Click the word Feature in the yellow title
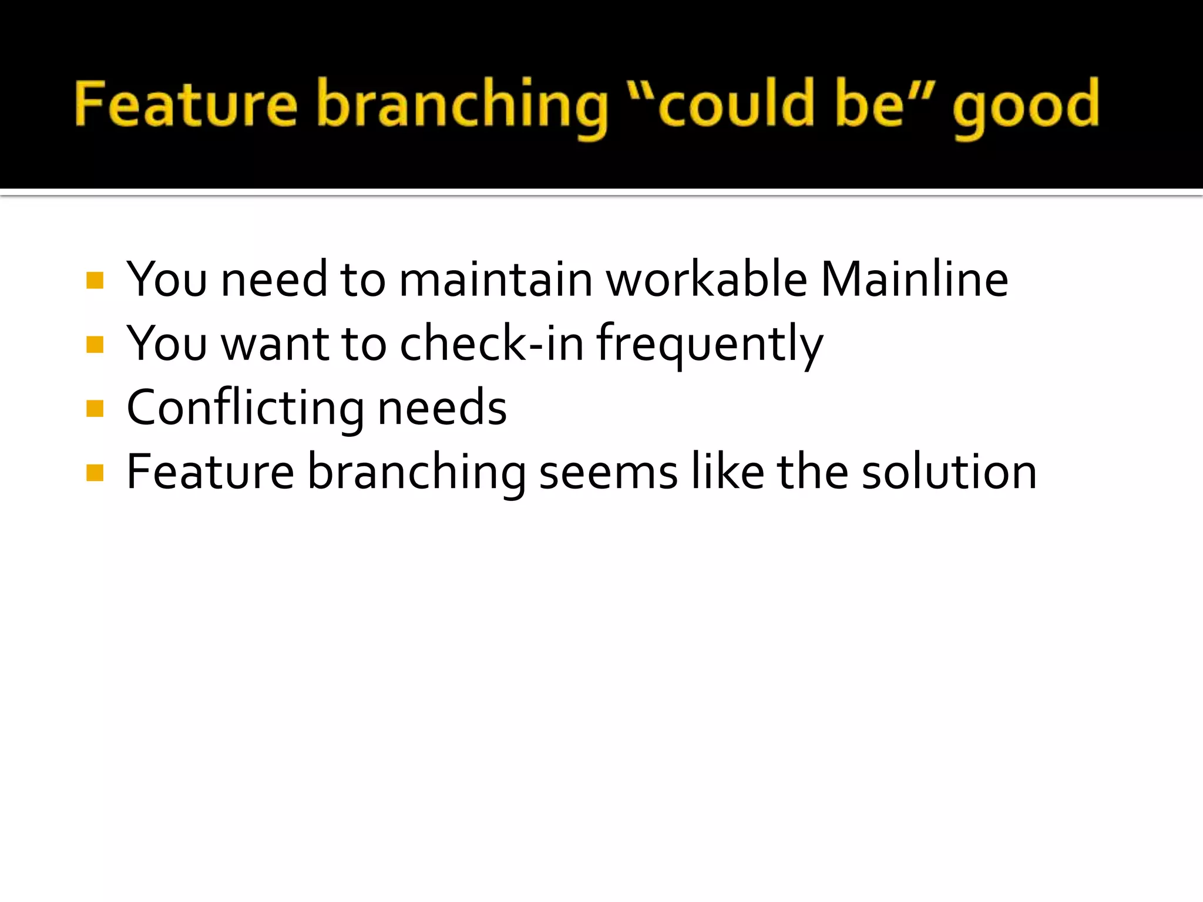pos(186,105)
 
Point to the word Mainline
pos(914,280)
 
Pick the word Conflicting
pos(246,409)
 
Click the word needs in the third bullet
pos(442,409)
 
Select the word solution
pos(949,473)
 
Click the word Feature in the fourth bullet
pos(210,473)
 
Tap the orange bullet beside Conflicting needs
pos(95,409)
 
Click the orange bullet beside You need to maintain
pos(95,280)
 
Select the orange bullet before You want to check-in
pos(95,345)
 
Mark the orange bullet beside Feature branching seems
pos(95,473)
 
